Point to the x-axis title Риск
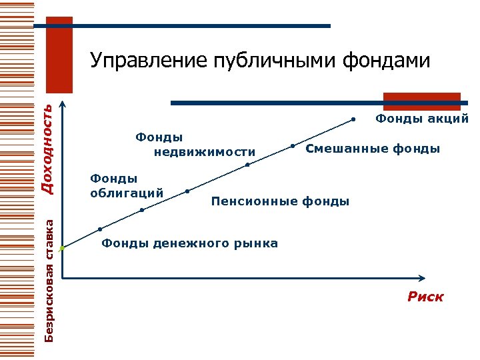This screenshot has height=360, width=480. point(425,297)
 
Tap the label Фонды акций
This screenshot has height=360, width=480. point(422,119)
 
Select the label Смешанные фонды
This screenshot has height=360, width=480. point(373,148)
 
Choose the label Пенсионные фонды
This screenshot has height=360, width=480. point(280,200)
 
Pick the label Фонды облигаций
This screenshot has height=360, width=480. point(127,185)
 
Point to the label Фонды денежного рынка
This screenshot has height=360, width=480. point(190,243)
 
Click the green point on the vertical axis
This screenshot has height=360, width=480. point(61,248)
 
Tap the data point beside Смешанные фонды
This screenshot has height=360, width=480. point(293,145)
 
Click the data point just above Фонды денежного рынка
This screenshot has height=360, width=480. point(100,229)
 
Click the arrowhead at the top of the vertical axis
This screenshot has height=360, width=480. point(61,105)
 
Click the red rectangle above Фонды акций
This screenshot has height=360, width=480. point(421,101)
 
